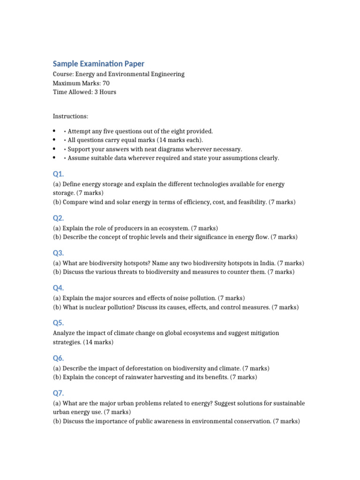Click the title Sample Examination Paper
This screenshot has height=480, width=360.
coord(98,63)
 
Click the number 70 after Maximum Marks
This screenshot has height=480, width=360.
coord(105,83)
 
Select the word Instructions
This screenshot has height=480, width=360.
coord(70,116)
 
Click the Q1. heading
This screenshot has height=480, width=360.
coord(58,174)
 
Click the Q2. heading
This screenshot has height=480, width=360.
coord(58,218)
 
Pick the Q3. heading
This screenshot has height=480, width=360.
coord(58,253)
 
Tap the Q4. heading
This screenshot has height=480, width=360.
coord(58,288)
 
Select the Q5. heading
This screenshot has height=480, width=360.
coord(58,322)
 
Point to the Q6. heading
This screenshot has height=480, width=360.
coord(58,358)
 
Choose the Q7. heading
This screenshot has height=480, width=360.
coord(58,393)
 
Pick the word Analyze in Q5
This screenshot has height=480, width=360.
coord(64,333)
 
